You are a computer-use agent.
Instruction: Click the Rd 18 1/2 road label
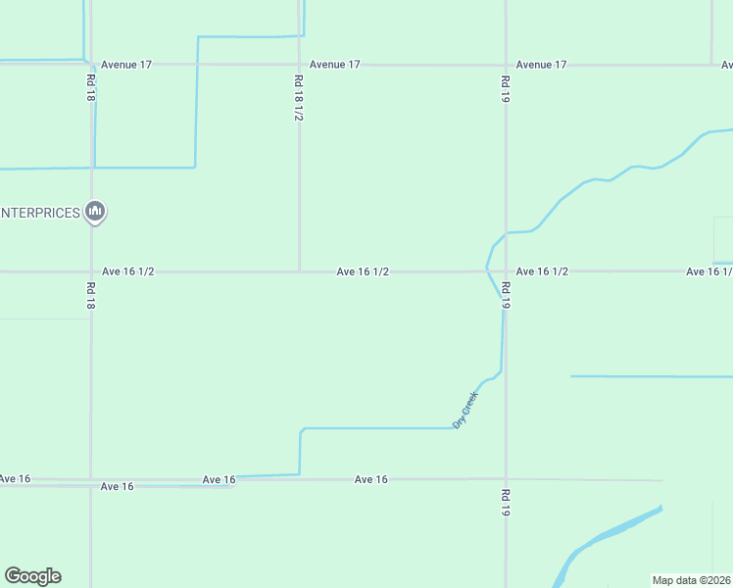point(299,99)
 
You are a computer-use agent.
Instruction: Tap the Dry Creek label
point(464,410)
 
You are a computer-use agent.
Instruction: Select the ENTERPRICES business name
point(40,213)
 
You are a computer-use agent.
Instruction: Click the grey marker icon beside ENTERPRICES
point(95,211)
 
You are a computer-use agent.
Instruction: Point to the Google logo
point(32,576)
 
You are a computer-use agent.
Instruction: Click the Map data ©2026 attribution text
point(692,580)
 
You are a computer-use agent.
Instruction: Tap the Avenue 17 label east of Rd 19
point(542,65)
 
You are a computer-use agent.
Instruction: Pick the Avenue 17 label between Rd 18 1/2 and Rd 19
point(335,65)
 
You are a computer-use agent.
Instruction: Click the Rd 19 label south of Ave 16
point(506,503)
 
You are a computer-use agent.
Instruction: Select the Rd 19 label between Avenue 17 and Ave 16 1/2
point(506,89)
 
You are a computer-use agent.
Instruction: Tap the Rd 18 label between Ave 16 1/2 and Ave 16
point(91,296)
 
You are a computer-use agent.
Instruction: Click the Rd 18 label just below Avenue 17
point(91,89)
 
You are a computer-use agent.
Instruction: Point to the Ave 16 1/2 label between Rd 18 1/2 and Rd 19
point(364,271)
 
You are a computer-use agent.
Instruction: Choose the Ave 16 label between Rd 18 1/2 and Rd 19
point(371,479)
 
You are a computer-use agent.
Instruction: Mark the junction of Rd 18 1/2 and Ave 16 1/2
point(299,271)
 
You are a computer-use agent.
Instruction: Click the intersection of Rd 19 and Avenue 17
point(506,65)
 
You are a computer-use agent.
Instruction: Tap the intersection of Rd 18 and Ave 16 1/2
point(91,271)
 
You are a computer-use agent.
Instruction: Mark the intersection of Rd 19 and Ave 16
point(506,479)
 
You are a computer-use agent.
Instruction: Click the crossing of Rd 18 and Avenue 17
point(91,65)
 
